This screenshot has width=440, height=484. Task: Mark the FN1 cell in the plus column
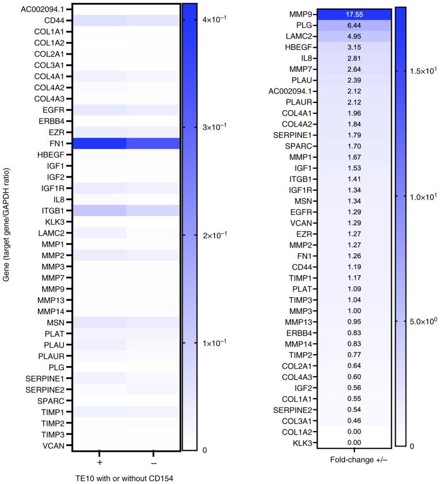(x=100, y=143)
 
